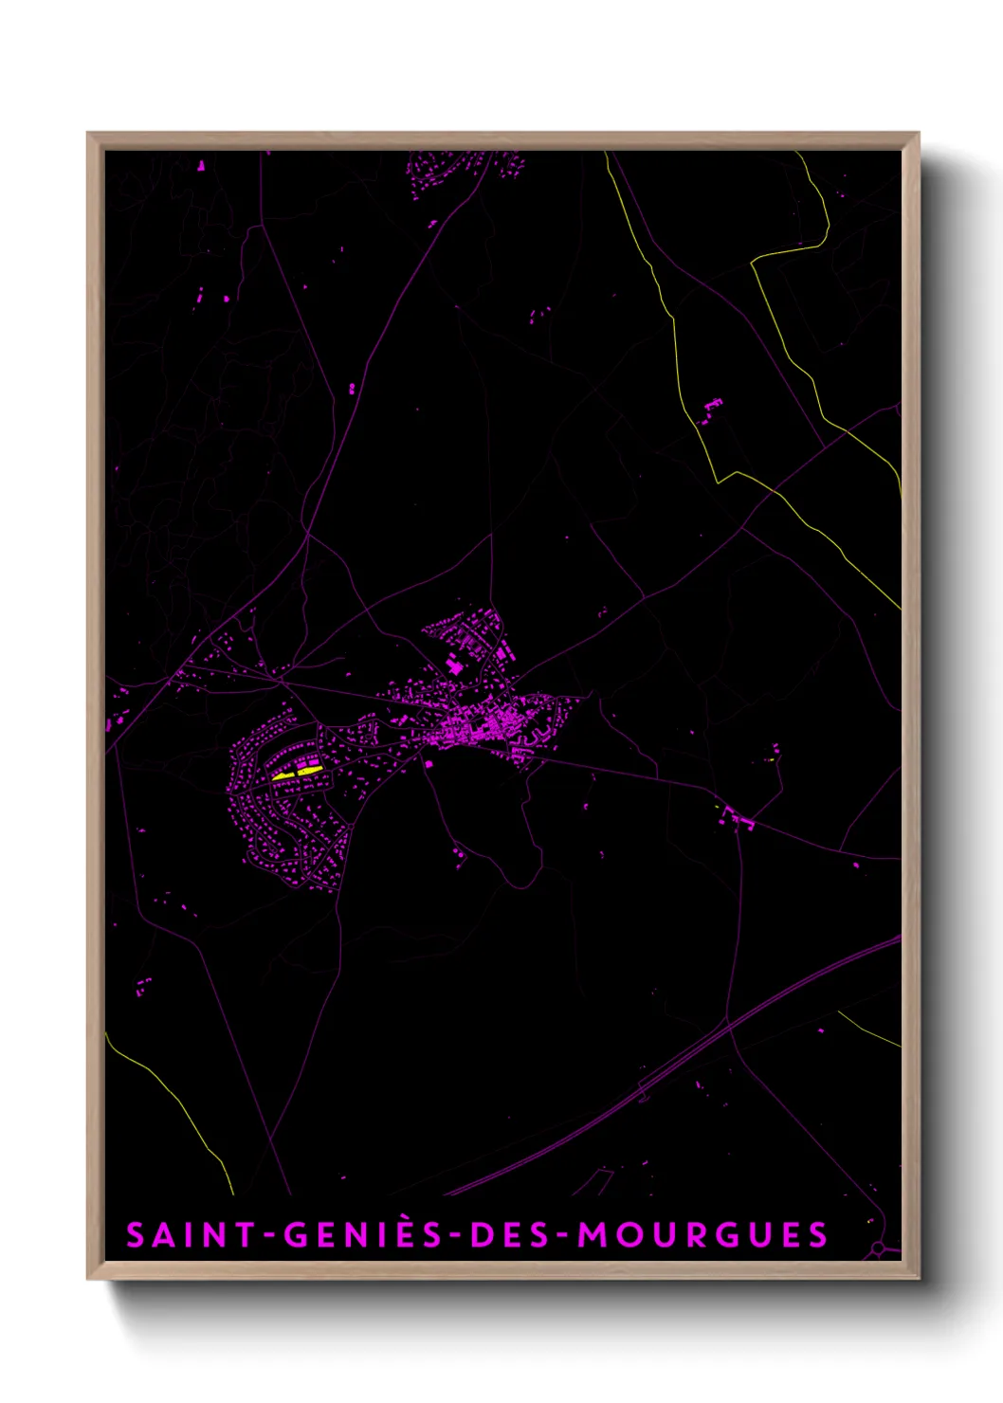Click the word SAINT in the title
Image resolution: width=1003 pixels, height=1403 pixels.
pyautogui.click(x=191, y=1235)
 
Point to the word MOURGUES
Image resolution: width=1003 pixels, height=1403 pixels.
pyautogui.click(x=702, y=1235)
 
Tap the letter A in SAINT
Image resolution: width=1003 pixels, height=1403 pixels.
pyautogui.click(x=163, y=1235)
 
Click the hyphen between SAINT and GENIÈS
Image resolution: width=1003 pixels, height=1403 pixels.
pyautogui.click(x=269, y=1236)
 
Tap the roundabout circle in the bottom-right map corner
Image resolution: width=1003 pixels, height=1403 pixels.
pyautogui.click(x=881, y=1248)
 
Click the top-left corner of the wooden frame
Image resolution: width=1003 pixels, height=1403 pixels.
pyautogui.click(x=89, y=135)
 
